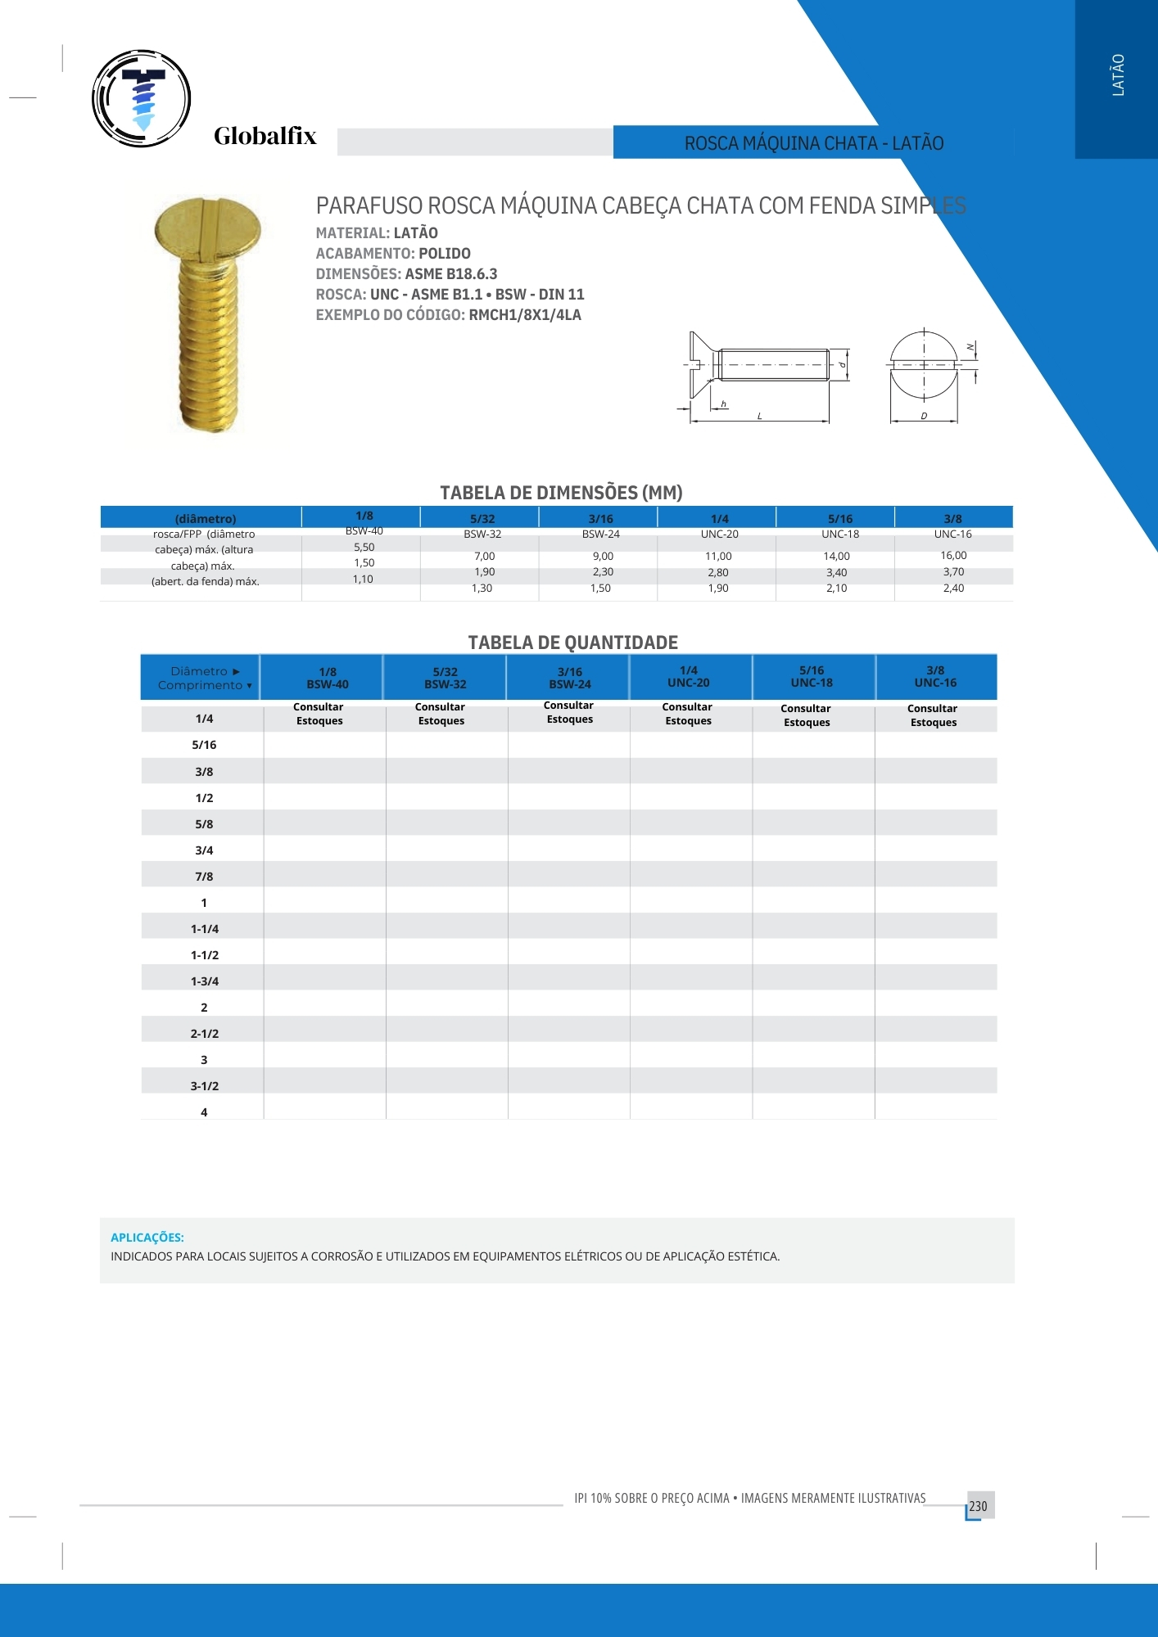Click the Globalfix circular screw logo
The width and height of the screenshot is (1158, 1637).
142,98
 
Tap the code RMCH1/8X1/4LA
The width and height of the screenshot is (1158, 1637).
525,315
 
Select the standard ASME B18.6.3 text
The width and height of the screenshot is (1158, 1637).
451,274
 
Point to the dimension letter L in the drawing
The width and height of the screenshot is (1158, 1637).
759,417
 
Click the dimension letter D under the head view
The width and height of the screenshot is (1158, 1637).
924,417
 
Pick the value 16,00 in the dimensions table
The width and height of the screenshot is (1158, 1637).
953,556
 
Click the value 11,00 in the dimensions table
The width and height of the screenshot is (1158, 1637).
718,557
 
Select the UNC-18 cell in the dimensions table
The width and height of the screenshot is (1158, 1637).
840,534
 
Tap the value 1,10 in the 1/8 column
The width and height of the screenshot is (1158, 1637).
363,579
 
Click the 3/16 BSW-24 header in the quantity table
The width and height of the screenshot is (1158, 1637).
570,678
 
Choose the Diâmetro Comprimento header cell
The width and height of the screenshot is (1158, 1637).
201,678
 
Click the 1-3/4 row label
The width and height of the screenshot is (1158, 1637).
205,981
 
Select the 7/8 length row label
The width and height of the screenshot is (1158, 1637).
204,877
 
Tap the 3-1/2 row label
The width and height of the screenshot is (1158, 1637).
205,1086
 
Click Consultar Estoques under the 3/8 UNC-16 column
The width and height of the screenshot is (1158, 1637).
933,715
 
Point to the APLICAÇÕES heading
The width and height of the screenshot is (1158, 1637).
147,1238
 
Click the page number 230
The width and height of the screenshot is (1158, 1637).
979,1506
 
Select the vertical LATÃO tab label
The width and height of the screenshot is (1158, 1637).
1118,75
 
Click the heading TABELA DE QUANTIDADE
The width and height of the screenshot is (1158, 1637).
573,643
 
